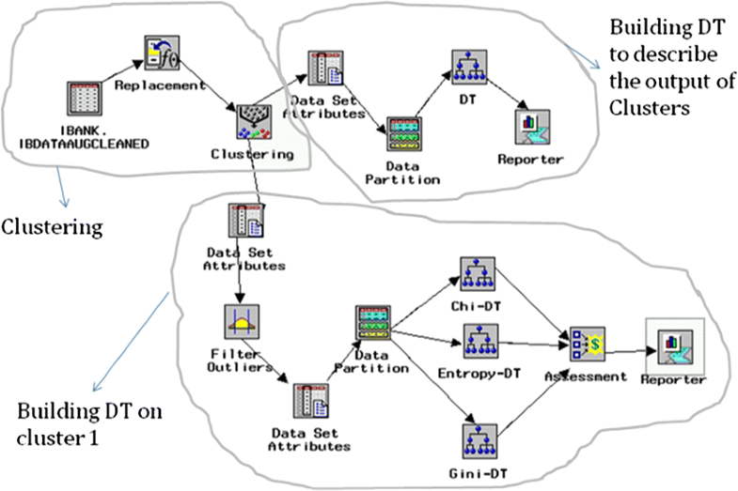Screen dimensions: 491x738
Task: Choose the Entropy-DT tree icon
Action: [x=479, y=343]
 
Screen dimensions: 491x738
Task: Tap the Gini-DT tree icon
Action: [x=479, y=441]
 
